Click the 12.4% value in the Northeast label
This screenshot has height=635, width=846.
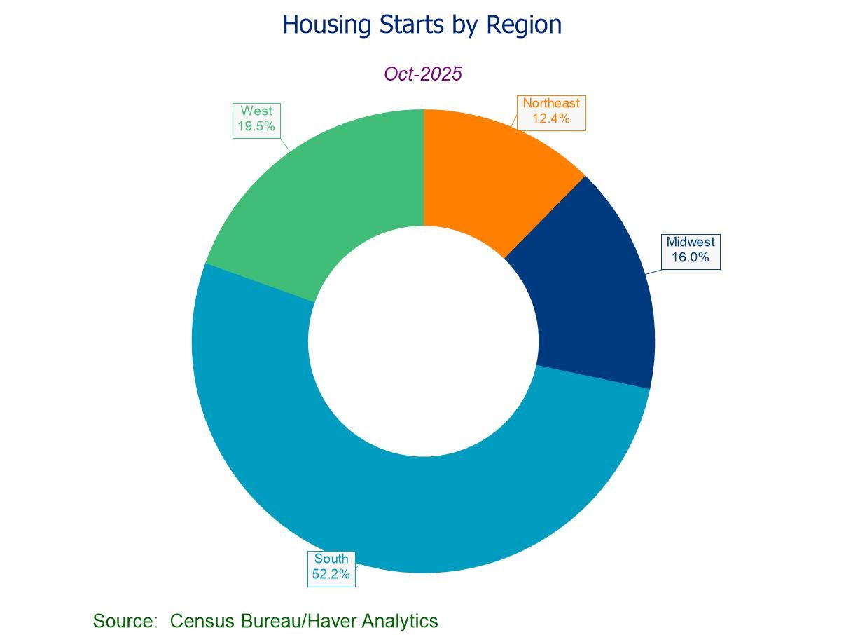click(551, 118)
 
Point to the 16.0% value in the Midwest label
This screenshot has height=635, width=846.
click(691, 257)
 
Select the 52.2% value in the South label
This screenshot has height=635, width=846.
click(331, 574)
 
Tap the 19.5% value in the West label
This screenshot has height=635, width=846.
click(256, 126)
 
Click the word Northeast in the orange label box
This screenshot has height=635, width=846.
click(551, 104)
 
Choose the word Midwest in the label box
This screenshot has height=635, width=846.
click(691, 243)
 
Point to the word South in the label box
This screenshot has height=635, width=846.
click(331, 559)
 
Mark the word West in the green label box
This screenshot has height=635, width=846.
click(256, 111)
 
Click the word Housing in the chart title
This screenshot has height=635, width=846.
click(327, 25)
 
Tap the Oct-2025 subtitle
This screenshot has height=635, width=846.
click(423, 74)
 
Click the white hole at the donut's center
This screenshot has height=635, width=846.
click(423, 341)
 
